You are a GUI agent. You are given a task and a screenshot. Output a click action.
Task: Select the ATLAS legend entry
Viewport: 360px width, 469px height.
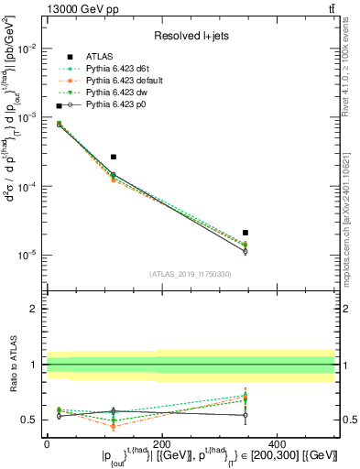[x=100, y=57]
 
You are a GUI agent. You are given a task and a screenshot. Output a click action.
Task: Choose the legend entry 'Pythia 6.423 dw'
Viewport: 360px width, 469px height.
[x=113, y=93]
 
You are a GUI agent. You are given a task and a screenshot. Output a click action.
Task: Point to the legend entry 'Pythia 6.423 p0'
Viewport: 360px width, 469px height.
[x=113, y=106]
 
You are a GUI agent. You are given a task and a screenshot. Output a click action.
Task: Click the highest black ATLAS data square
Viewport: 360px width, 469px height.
[x=60, y=106]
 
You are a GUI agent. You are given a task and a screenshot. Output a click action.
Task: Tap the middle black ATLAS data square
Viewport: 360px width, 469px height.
[x=114, y=157]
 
